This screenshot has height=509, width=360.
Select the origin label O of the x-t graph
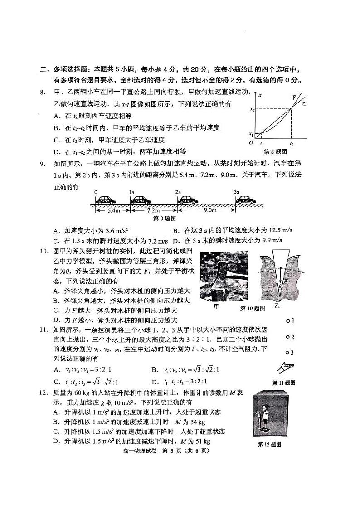(x=251, y=143)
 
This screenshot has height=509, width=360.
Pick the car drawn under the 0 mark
(x=105, y=200)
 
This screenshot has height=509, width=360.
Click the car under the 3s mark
(x=245, y=200)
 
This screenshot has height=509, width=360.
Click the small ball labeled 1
(x=288, y=321)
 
